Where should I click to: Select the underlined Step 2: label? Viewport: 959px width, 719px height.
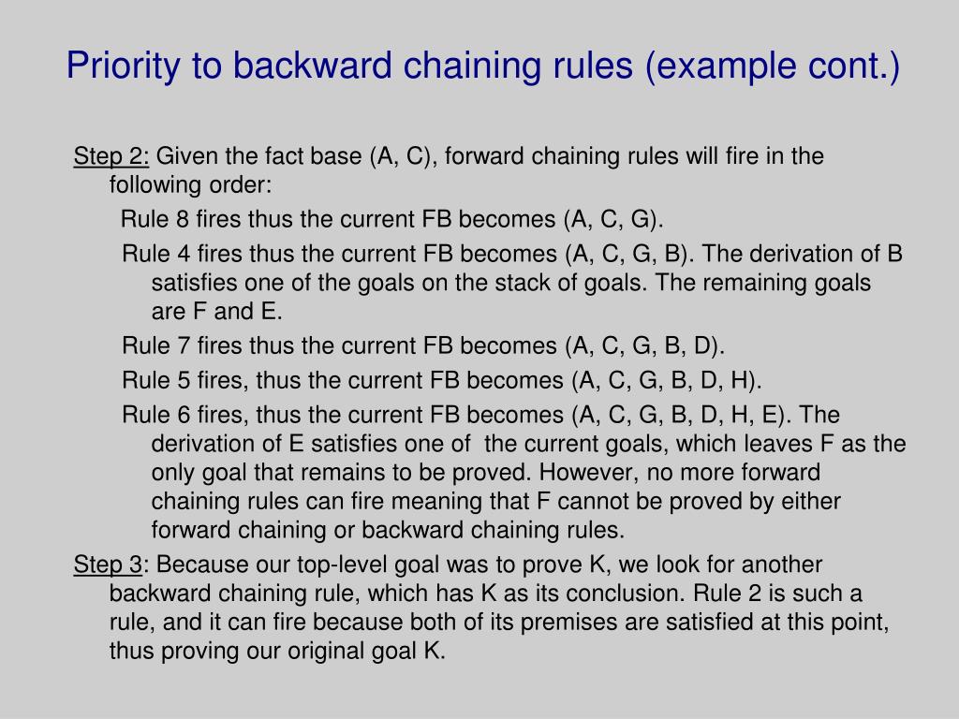point(111,156)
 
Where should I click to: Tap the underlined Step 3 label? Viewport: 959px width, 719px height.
point(108,565)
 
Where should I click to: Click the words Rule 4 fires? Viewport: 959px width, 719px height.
point(183,255)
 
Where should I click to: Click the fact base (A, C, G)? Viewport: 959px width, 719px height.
point(613,220)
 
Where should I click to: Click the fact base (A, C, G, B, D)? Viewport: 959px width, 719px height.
point(646,346)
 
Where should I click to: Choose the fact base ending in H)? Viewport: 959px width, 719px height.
point(667,381)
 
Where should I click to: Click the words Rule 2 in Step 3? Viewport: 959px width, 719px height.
point(727,594)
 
